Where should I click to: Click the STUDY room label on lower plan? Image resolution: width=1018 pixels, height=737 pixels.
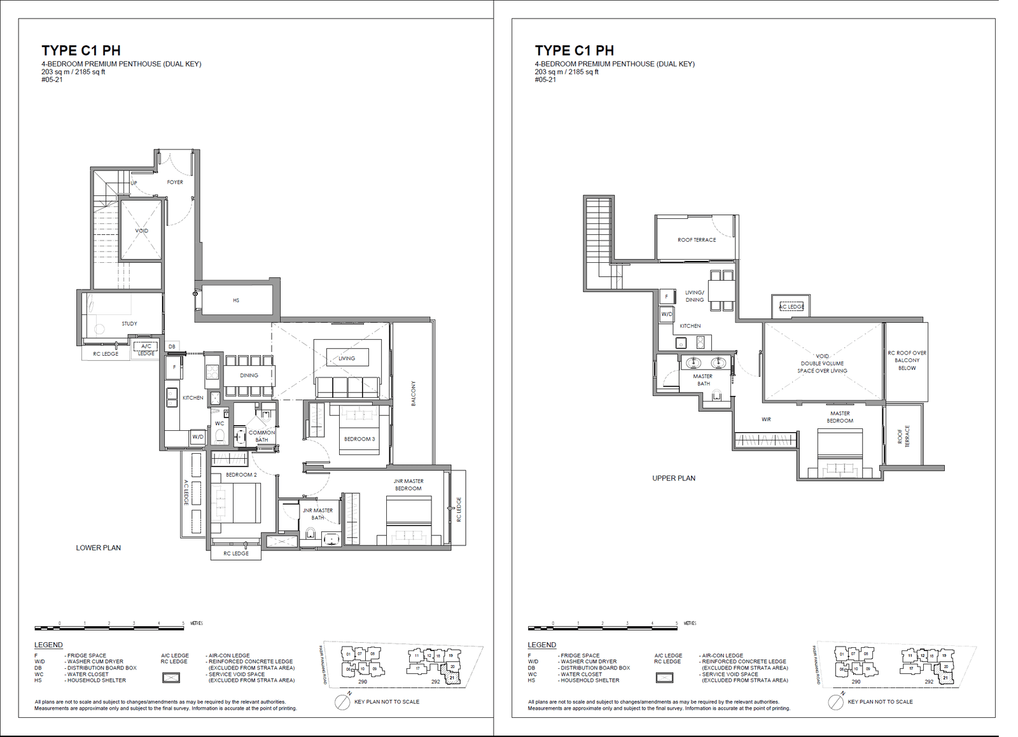point(129,323)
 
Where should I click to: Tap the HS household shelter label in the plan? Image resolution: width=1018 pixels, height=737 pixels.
point(236,300)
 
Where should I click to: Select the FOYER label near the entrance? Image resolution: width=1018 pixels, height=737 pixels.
point(175,182)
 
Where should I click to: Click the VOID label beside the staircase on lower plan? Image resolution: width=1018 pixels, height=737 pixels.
point(142,230)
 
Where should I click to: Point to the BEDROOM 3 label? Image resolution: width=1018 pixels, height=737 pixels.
point(359,439)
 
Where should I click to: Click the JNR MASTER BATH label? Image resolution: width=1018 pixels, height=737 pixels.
point(317,514)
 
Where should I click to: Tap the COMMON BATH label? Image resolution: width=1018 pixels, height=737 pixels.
point(261,436)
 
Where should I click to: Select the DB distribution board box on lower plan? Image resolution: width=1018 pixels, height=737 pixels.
point(172,346)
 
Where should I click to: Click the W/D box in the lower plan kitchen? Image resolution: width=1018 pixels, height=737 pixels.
point(198,437)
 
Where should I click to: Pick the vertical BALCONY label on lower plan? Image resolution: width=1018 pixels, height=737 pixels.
point(413,393)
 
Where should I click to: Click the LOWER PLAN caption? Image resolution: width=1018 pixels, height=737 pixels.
point(99,547)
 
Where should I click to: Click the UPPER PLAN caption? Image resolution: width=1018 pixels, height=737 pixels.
point(674,478)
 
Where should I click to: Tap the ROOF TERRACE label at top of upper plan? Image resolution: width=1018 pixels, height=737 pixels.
point(697,240)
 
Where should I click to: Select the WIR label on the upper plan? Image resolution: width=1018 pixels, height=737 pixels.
point(766,419)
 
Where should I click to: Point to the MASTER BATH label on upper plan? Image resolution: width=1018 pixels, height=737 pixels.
point(703,380)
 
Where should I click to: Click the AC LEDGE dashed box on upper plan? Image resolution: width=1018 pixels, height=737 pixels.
point(791,307)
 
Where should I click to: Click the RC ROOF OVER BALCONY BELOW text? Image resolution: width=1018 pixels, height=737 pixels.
point(907,360)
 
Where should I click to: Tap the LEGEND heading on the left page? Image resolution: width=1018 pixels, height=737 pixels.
point(48,645)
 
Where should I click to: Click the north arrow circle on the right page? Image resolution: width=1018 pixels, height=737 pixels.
point(836,703)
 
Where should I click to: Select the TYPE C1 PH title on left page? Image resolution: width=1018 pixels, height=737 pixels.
point(81,50)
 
